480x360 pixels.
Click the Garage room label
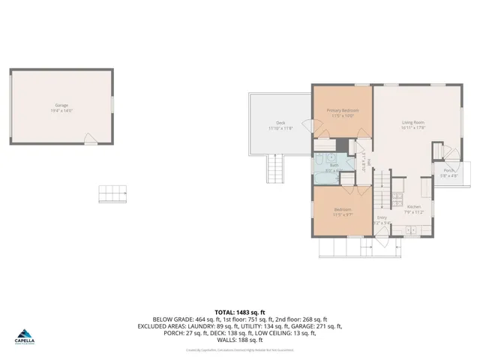tap(61, 107)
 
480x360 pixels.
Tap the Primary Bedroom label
tap(342, 112)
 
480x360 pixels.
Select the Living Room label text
tap(413, 124)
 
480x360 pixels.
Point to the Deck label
tap(280, 125)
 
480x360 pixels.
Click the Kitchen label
tap(414, 209)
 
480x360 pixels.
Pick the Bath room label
tap(334, 167)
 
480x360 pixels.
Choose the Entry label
tap(382, 220)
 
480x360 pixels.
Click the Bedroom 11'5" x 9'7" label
tap(343, 212)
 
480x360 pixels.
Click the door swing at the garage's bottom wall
tap(90, 139)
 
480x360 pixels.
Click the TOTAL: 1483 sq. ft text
tap(240, 311)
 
